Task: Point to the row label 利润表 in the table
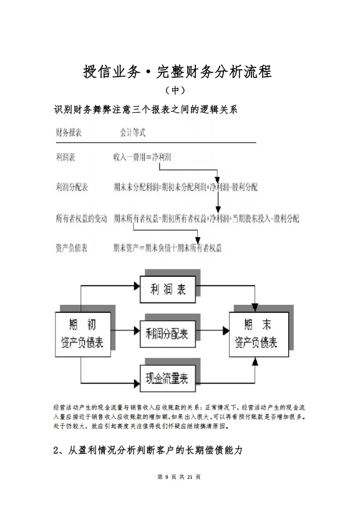pos(66,159)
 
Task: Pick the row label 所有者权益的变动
pos(81,218)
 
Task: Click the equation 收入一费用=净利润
pos(143,159)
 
